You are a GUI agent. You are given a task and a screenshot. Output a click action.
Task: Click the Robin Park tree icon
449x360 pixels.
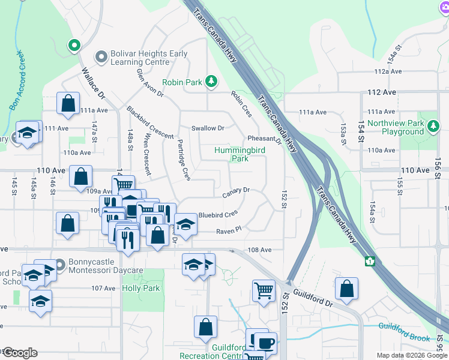click(x=211, y=81)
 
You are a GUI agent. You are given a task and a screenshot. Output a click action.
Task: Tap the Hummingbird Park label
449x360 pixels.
click(x=240, y=154)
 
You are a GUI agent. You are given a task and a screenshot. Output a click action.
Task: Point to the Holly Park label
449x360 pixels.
click(x=140, y=288)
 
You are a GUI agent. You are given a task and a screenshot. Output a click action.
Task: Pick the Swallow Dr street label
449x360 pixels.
click(x=208, y=128)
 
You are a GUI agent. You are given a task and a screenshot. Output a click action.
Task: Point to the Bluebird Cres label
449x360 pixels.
click(x=218, y=214)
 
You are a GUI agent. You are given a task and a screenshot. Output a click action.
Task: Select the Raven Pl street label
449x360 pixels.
click(x=228, y=230)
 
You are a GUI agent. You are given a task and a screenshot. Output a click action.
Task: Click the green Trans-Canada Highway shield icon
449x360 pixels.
click(x=370, y=261)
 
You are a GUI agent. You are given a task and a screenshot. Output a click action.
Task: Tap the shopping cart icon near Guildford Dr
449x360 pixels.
click(x=264, y=291)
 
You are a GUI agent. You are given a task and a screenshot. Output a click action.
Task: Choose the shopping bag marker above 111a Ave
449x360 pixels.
click(x=68, y=103)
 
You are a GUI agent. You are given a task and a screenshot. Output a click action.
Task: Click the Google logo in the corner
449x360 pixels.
click(x=20, y=353)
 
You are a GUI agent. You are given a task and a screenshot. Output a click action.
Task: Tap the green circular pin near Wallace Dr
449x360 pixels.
click(x=74, y=45)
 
